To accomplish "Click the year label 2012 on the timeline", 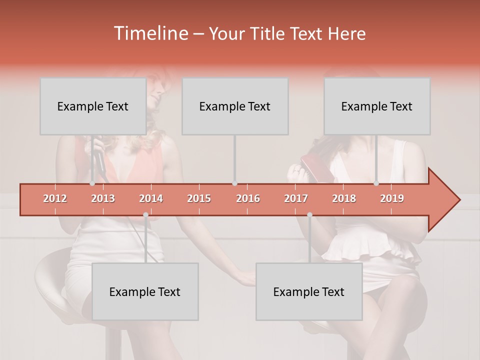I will pyautogui.click(x=55, y=198).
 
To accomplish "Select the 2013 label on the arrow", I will pyautogui.click(x=103, y=198).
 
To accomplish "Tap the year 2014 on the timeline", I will pyautogui.click(x=151, y=198).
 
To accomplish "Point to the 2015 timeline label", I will pyautogui.click(x=199, y=198).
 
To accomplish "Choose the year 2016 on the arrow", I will pyautogui.click(x=248, y=198).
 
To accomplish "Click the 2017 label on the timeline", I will pyautogui.click(x=296, y=198).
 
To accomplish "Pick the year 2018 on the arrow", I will pyautogui.click(x=344, y=198).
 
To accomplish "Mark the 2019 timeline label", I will pyautogui.click(x=392, y=198).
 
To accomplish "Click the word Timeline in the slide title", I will pyautogui.click(x=150, y=33).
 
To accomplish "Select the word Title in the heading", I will pyautogui.click(x=268, y=33).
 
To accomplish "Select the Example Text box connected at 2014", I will pyautogui.click(x=145, y=291).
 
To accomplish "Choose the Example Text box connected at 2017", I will pyautogui.click(x=309, y=291).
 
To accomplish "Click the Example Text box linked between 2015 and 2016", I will pyautogui.click(x=235, y=106).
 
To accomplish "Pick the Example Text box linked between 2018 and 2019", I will pyautogui.click(x=377, y=106).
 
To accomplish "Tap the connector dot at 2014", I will pyautogui.click(x=145, y=215).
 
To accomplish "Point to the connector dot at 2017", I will pyautogui.click(x=309, y=215).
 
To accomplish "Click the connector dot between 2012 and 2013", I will pyautogui.click(x=92, y=183).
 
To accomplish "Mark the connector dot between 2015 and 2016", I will pyautogui.click(x=235, y=183).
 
